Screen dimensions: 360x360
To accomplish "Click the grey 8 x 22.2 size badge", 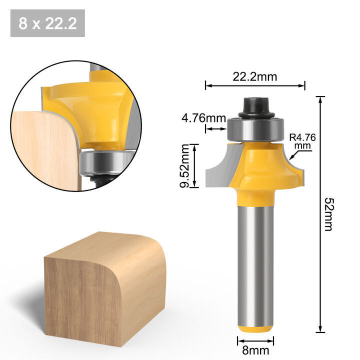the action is pyautogui.click(x=47, y=23).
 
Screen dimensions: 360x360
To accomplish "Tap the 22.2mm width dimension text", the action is pyautogui.click(x=255, y=76).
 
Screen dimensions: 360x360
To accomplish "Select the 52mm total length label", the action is pyautogui.click(x=329, y=214).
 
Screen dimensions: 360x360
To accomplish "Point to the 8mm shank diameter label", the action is pyautogui.click(x=255, y=350).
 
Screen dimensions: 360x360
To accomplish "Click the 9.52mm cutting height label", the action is pyautogui.click(x=184, y=166).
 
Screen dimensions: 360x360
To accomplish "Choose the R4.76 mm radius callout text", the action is pyautogui.click(x=302, y=141).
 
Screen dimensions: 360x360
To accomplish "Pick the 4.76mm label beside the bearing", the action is pyautogui.click(x=203, y=118).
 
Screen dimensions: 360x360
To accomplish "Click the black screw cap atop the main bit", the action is pyautogui.click(x=256, y=107).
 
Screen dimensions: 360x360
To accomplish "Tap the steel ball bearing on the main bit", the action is pyautogui.click(x=255, y=129).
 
